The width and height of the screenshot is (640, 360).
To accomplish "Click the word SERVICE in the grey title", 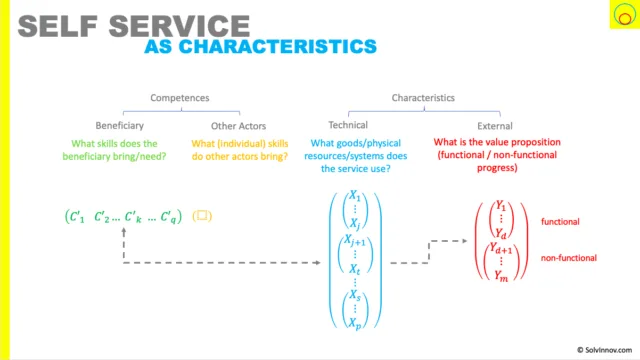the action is [179, 26].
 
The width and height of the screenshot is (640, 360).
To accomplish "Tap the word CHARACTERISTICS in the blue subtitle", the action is [278, 47].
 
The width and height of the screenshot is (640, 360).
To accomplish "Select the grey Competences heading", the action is [180, 98].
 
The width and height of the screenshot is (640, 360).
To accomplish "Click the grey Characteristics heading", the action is [423, 98].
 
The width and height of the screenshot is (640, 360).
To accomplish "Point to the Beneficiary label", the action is [120, 126].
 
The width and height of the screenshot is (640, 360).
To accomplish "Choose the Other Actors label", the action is [238, 126].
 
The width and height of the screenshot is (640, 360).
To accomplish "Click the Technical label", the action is [348, 125].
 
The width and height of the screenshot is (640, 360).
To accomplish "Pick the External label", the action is [495, 126].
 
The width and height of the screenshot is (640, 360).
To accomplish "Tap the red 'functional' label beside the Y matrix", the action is [560, 222].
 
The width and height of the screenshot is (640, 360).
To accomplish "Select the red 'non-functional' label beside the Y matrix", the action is [569, 258].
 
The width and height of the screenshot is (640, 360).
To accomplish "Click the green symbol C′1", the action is [77, 217].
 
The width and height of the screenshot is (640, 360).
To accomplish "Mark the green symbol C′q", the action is [168, 217].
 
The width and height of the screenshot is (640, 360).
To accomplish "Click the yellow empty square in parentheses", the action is [202, 216].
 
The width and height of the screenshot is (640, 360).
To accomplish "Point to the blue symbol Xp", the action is [355, 323].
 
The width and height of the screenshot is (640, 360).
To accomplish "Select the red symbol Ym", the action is [501, 276].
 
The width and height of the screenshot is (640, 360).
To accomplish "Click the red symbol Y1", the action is [501, 206].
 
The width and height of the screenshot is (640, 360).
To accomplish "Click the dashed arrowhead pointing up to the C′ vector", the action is [124, 231].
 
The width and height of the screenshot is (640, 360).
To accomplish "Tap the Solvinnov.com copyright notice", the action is [604, 350].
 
